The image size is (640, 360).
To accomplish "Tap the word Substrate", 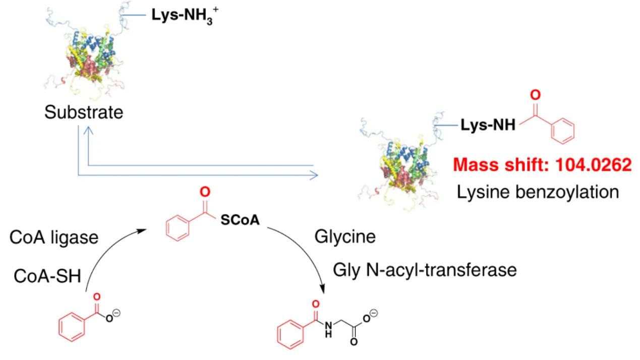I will (84, 112).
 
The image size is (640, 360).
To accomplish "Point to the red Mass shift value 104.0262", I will (542, 165).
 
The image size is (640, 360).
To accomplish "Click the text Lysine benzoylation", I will (538, 192).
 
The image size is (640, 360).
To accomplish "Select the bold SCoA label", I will (240, 220).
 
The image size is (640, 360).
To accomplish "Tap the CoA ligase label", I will (54, 237).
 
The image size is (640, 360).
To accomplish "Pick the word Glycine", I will (345, 237).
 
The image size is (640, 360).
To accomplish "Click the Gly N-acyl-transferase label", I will (425, 270).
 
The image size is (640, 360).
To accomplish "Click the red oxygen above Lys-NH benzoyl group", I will (535, 94).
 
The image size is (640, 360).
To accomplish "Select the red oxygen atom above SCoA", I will (204, 192).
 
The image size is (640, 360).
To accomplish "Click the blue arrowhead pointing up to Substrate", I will (88, 132).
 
